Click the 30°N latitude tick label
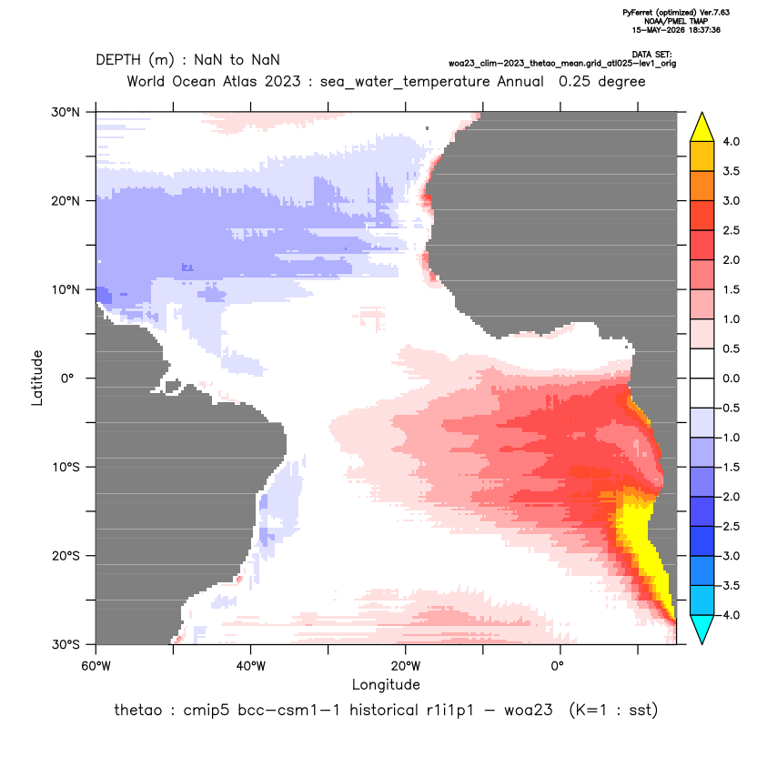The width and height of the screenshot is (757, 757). (x=66, y=112)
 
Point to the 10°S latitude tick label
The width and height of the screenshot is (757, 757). (x=66, y=468)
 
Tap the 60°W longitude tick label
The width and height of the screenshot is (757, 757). (x=96, y=666)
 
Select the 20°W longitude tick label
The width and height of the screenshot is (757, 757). (x=406, y=666)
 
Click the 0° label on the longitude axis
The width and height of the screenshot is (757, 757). (x=557, y=666)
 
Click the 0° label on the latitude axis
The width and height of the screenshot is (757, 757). (x=67, y=378)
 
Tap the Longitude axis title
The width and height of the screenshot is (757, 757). (x=386, y=684)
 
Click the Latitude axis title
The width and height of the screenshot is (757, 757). (x=37, y=378)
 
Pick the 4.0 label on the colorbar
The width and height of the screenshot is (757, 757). (x=731, y=141)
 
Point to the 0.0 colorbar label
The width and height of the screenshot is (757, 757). (x=731, y=378)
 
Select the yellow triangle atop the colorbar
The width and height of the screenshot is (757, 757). (x=702, y=127)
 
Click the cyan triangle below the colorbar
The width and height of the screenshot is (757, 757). (x=702, y=630)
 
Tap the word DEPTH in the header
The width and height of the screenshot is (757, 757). (x=118, y=60)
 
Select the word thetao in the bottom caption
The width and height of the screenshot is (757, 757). (x=137, y=711)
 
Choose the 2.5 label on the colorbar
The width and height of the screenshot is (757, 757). (x=731, y=230)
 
